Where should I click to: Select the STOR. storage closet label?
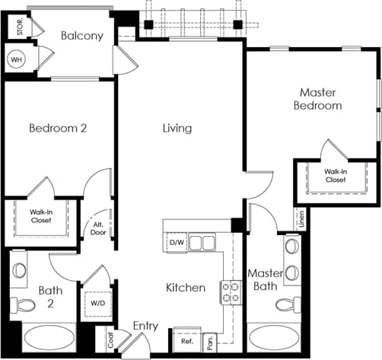pos(16,27)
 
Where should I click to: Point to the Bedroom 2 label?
pos(58,128)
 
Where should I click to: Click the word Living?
pos(177,128)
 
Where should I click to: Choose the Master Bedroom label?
pos(317,99)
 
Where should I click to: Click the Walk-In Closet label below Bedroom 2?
pos(41,215)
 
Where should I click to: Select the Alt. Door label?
pos(99,228)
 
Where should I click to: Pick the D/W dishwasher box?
pos(177,243)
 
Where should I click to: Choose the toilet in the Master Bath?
pos(287,305)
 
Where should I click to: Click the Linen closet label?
pos(302,220)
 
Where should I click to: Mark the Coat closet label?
pos(111,339)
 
